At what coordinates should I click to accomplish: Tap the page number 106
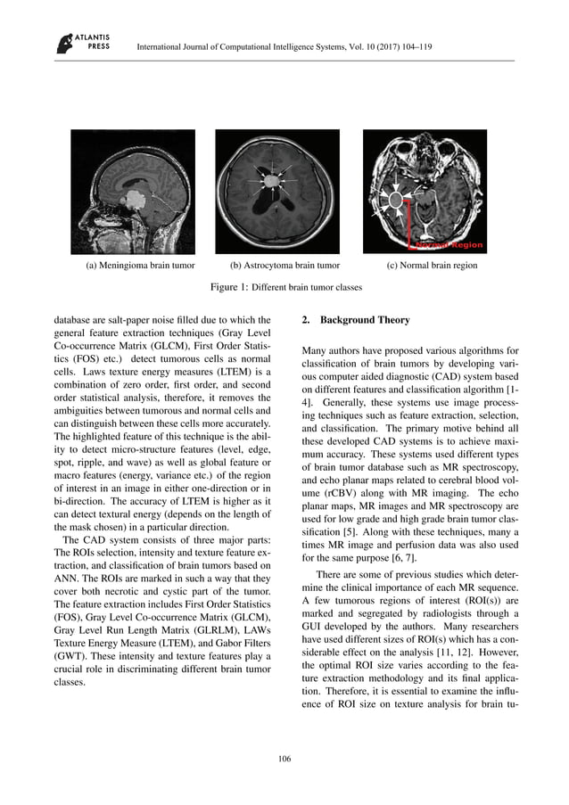point(284,759)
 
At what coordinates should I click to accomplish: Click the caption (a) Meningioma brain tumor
point(134,266)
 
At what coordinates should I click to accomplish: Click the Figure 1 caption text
point(284,287)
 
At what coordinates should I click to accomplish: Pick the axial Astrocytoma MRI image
point(277,191)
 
